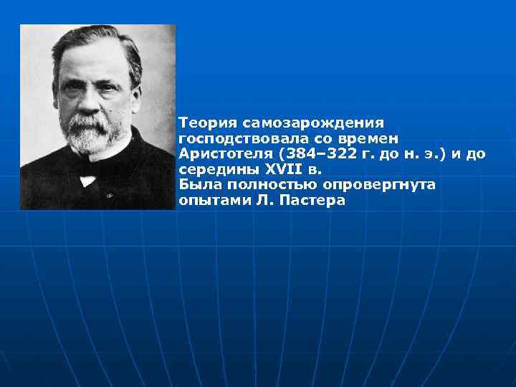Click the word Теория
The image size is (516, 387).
coord(204,122)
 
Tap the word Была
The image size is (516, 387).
coord(196,186)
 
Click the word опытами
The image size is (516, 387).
coord(211,201)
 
